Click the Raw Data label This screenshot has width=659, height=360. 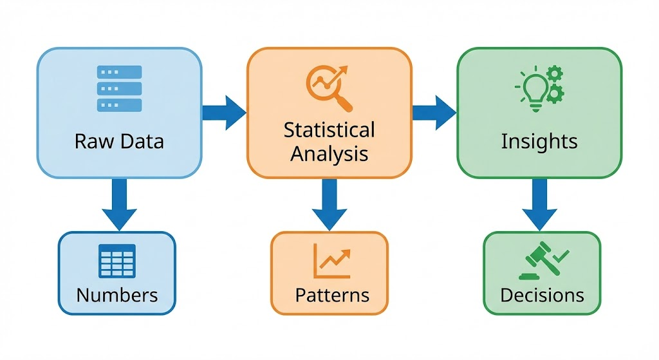[119, 141]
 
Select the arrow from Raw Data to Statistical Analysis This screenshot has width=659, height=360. [224, 113]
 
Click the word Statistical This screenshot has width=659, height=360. [329, 129]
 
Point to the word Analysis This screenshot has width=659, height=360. [329, 154]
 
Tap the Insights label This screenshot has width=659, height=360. [539, 141]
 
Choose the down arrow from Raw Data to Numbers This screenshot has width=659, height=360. [119, 205]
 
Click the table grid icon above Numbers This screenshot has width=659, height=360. [117, 261]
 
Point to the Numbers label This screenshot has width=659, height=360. [117, 295]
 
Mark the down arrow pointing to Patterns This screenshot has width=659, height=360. [329, 205]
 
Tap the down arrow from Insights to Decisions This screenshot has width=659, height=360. [539, 205]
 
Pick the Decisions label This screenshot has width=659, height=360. [542, 295]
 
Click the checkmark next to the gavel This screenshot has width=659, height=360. [561, 256]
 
